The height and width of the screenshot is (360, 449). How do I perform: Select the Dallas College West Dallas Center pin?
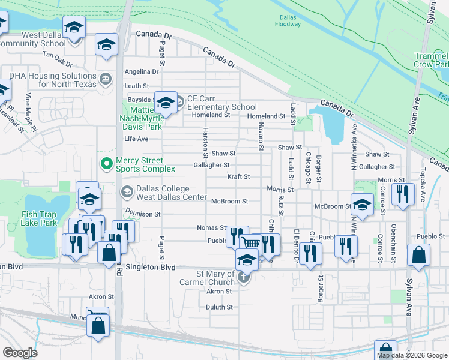pos(127,192)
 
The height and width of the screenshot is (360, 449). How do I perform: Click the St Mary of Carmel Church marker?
pos(243,278)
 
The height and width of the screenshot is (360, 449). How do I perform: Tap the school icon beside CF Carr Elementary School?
pos(166,103)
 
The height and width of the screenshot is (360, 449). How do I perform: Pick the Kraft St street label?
pos(238,177)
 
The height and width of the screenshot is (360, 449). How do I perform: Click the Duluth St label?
pos(219,307)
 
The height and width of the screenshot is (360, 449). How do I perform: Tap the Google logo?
pos(20,353)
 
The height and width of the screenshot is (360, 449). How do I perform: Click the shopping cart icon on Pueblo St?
pos(250,242)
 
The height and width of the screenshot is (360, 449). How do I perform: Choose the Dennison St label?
pos(142,214)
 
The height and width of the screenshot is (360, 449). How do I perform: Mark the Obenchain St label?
pos(394,235)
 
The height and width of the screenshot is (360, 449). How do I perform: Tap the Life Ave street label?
pos(136,139)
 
